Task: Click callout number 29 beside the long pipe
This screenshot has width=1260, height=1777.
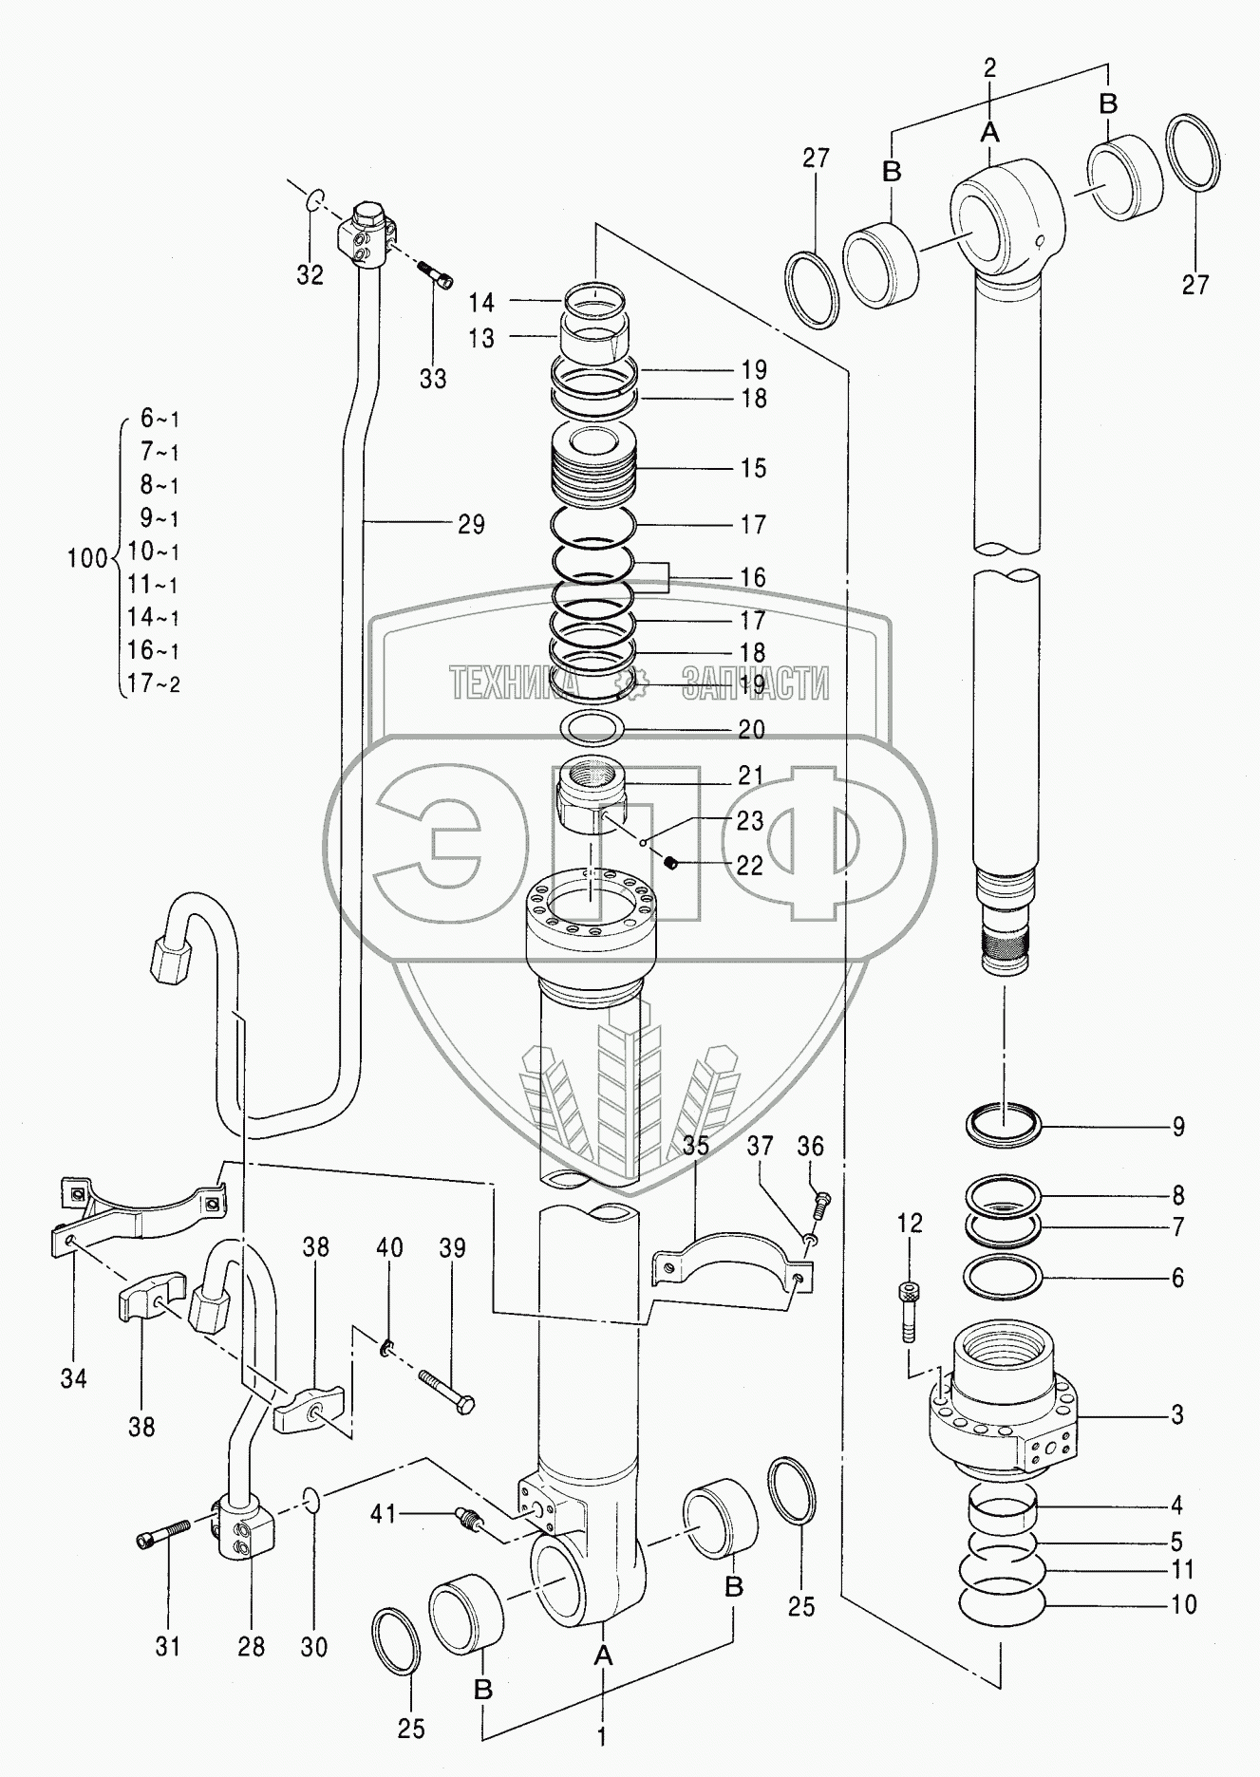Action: point(471,524)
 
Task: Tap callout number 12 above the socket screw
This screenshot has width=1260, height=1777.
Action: point(910,1224)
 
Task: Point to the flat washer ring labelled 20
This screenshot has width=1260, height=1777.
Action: point(592,729)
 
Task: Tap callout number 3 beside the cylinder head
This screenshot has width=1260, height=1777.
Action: point(1177,1414)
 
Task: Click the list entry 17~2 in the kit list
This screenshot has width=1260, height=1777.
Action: point(154,683)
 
